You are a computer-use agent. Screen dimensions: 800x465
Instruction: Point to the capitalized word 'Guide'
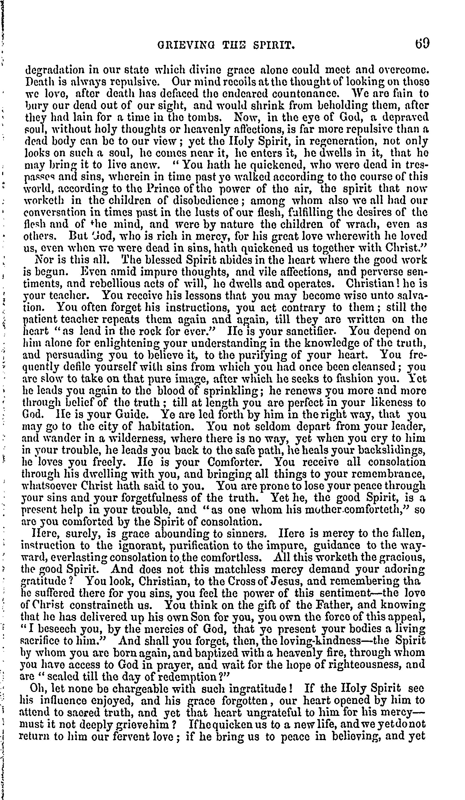tap(132, 415)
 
